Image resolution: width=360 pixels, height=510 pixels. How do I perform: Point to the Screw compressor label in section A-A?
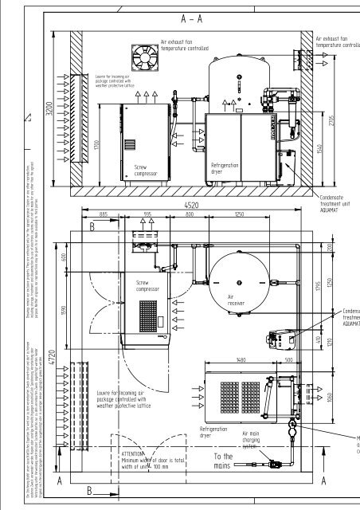click(x=147, y=171)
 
